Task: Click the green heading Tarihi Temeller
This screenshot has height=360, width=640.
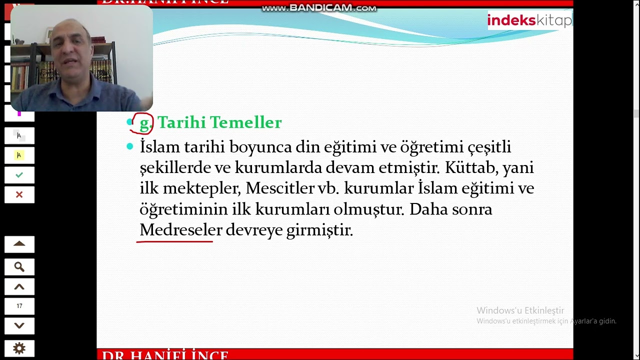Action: click(x=219, y=122)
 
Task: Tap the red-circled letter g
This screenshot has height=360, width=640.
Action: click(x=143, y=123)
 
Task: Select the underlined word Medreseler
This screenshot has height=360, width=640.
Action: click(x=180, y=230)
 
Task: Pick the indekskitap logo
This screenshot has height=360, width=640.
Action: click(x=529, y=20)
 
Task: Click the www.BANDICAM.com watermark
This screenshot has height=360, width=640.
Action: click(x=319, y=8)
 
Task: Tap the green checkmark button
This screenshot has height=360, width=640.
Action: click(x=19, y=175)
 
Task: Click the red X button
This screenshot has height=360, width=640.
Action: click(x=19, y=194)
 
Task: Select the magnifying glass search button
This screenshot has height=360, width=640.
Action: click(x=19, y=267)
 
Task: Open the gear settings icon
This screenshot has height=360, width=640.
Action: click(x=19, y=348)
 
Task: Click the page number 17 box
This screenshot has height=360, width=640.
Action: click(x=19, y=306)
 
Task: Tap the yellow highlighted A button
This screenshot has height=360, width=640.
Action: click(x=19, y=155)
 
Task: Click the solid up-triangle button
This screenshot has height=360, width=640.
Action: click(x=19, y=244)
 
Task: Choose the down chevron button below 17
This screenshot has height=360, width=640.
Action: click(x=19, y=325)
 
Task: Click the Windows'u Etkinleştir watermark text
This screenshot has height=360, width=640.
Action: click(x=520, y=310)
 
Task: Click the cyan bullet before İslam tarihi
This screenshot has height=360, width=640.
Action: click(x=130, y=146)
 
